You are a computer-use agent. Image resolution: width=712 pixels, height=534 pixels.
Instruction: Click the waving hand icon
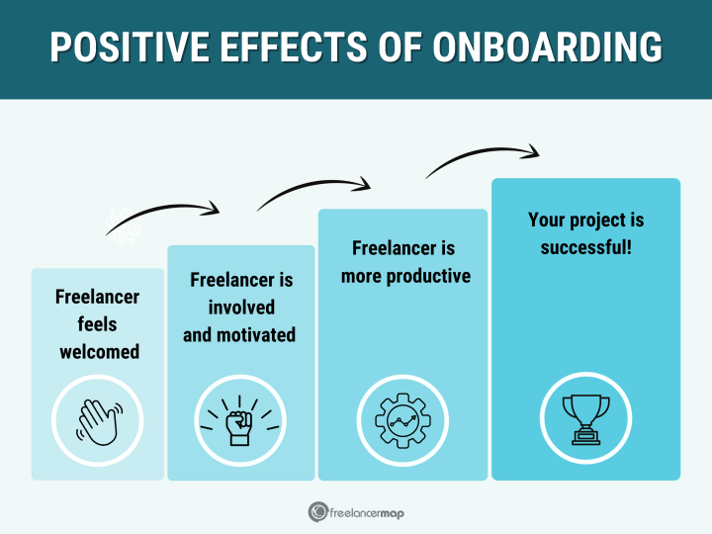tap(97, 420)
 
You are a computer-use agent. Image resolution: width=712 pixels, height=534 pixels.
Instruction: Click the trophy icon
tap(585, 418)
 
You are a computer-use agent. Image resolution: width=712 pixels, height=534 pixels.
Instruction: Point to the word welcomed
tap(98, 351)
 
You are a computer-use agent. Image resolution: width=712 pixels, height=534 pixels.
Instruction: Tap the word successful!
tap(585, 246)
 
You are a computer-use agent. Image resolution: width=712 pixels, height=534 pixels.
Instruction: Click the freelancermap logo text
tap(366, 512)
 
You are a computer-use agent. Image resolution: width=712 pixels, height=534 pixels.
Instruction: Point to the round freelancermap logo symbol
tap(317, 512)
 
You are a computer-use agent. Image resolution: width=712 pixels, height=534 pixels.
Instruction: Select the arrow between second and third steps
tap(314, 189)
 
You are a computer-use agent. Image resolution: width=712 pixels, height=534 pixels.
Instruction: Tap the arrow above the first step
tap(163, 215)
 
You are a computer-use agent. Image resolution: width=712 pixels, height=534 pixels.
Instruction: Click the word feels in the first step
tap(97, 323)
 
